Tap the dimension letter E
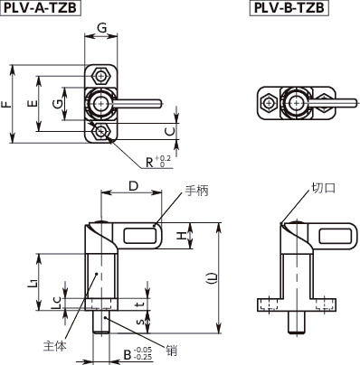click(x=33, y=105)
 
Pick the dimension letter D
click(x=133, y=186)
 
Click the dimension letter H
click(x=180, y=236)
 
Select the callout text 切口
click(x=323, y=189)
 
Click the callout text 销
click(x=171, y=346)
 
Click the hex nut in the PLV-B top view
click(x=268, y=103)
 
